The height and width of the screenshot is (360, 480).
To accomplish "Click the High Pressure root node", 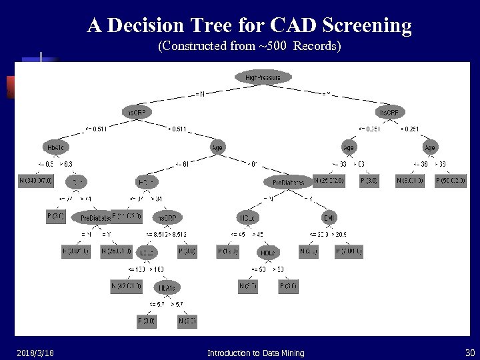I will pos(263,78).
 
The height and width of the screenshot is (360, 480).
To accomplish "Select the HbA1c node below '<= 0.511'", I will pos(55,147).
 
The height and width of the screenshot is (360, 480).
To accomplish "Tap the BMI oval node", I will pos(329,217).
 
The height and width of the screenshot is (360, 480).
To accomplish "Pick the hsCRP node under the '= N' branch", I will pos(136,113).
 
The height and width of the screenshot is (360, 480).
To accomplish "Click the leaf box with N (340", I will pos(36,181).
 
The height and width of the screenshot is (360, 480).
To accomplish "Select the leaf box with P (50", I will pos(451,181).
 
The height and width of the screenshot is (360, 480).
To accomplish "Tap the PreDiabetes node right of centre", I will pos(288,182).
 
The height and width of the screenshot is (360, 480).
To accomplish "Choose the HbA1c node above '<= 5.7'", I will pos(167,287).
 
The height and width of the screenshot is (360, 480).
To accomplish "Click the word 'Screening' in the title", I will pos(367,25).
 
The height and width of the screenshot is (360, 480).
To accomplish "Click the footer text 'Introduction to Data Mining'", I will pos(256,353).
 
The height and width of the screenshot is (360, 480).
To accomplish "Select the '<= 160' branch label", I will pos(137,269).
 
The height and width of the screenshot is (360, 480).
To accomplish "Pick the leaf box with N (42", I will pos(126,287).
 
